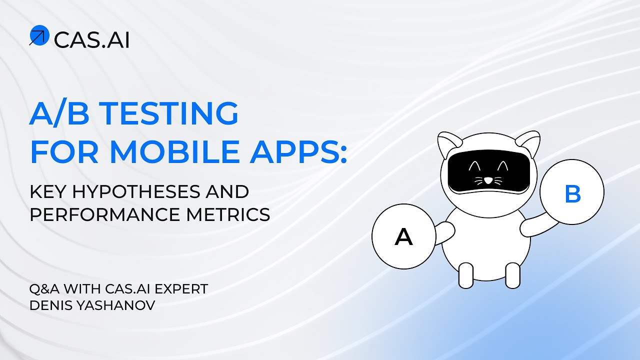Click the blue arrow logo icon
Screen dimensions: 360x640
39,35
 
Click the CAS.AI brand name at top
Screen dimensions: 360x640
91,39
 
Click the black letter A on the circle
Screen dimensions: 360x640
404,237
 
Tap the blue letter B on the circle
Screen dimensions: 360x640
572,194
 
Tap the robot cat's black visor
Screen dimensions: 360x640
488,172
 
